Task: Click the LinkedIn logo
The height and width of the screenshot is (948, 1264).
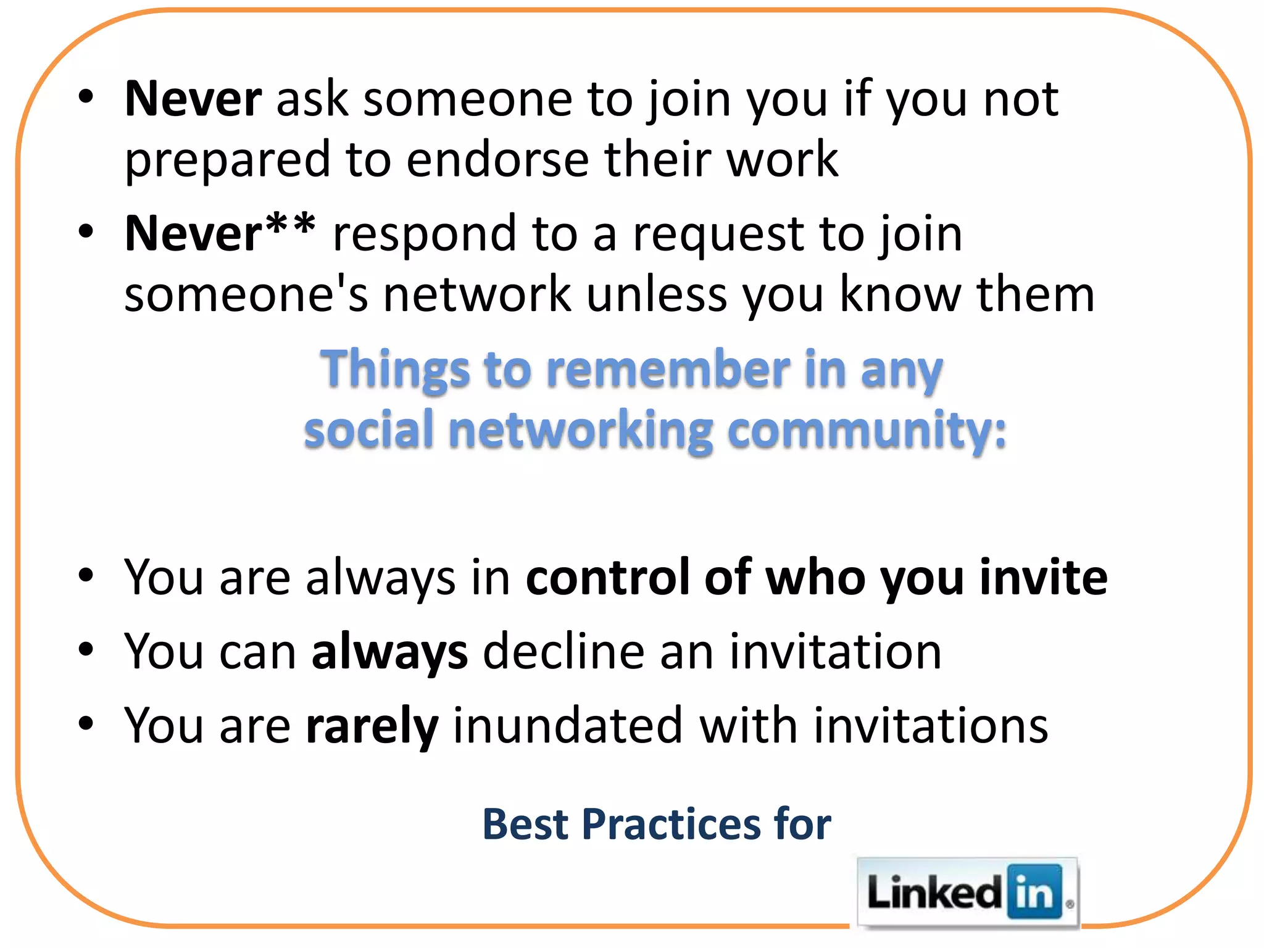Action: (967, 892)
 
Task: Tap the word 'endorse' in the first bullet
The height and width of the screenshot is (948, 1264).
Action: (497, 159)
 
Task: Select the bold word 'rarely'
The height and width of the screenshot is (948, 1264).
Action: (372, 726)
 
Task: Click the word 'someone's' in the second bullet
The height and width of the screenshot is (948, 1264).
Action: (246, 294)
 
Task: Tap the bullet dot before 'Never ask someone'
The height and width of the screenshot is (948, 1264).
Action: (86, 97)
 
